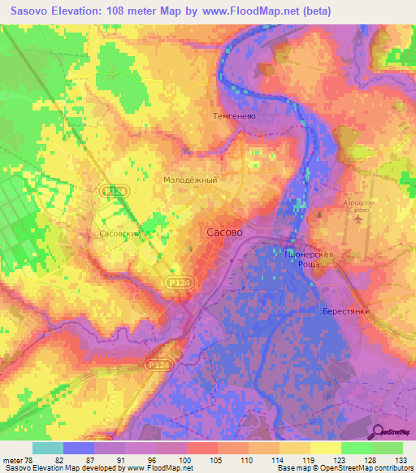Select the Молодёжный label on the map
[x=190, y=179]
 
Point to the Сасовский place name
[x=120, y=232]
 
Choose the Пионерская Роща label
[x=310, y=259]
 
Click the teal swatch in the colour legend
[x=48, y=448]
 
